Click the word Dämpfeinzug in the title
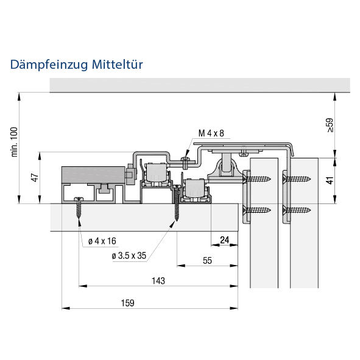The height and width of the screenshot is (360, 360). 49,65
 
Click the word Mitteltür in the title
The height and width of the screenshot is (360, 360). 118,65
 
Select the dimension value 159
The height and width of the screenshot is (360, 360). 128,303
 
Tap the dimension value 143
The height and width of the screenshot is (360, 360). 158,281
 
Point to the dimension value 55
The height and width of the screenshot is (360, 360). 207,261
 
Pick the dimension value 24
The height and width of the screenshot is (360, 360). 225,240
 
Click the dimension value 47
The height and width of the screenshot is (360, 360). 35,178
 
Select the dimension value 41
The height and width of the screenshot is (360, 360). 330,180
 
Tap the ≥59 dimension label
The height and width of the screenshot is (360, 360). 330,125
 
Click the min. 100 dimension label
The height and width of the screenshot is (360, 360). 14,142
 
